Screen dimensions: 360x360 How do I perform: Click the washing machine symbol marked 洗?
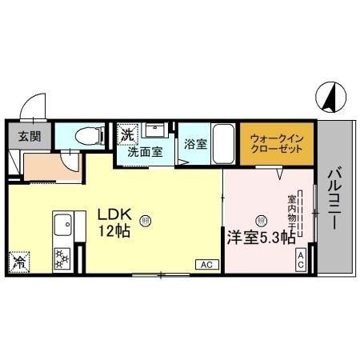(126, 134)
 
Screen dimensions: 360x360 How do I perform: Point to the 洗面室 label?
(146, 150)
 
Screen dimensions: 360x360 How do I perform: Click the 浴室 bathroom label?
(194, 145)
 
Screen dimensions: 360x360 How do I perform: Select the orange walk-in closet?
(275, 143)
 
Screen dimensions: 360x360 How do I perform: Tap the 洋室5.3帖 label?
(261, 237)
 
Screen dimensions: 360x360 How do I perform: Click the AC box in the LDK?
(206, 263)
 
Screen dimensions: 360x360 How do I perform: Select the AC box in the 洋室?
(301, 257)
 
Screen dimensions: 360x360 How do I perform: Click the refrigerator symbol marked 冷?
(18, 260)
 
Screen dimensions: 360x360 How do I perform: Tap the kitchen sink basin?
(62, 225)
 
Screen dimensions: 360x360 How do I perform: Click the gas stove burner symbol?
(62, 257)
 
